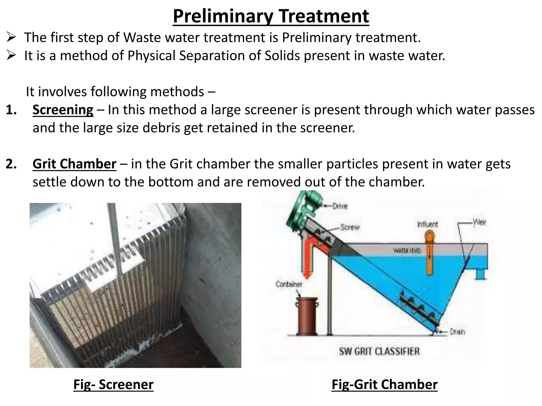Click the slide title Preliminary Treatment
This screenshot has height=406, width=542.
coord(271,16)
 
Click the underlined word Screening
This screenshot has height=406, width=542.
coord(63,110)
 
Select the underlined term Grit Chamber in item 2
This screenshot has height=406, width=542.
coord(74,164)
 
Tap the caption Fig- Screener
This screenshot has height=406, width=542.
coord(113,384)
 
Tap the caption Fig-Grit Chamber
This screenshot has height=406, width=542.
coord(384,384)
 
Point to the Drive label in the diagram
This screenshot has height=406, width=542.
coord(340,206)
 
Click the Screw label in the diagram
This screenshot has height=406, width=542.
coord(350,227)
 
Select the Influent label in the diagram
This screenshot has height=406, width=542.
coord(427,224)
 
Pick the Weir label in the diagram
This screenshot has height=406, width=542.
coord(479,222)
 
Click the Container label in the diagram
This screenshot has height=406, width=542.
coord(289,284)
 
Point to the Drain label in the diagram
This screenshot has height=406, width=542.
coord(457,331)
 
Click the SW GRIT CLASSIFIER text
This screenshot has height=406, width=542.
coord(379,352)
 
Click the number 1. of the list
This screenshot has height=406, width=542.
coord(11,110)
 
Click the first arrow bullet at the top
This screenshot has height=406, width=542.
coord(12,38)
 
